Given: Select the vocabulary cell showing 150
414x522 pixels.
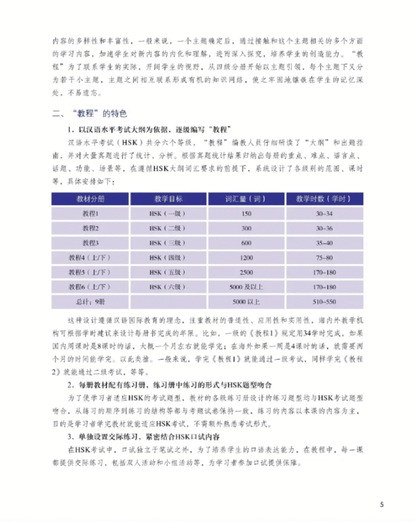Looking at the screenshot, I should point(246,213).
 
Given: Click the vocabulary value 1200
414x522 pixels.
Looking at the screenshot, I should point(246,257).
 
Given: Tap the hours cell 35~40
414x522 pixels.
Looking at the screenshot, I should point(324,243).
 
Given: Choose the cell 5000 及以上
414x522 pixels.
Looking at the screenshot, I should point(246,286).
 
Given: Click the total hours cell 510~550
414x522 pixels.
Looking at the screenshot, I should point(324,301).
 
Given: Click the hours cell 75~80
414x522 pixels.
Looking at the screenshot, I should point(324,257).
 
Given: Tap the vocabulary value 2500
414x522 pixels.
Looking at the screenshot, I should point(246,271).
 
